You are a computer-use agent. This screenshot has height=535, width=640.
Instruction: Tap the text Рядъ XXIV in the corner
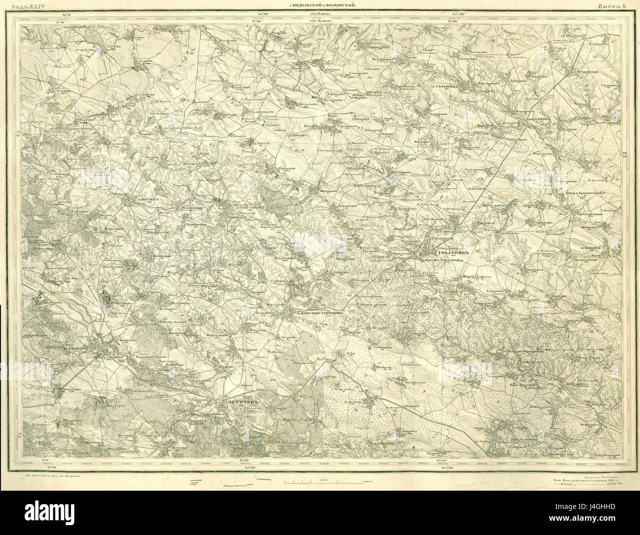[x=15, y=4]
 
